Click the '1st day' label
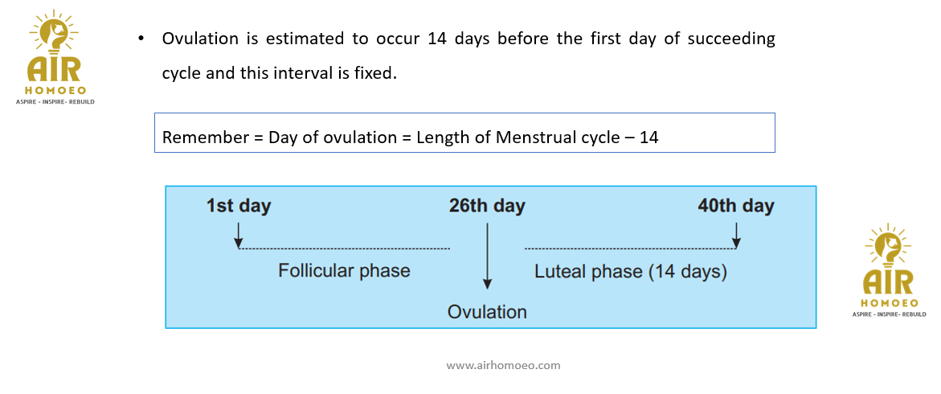pyautogui.click(x=238, y=207)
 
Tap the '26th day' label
pyautogui.click(x=487, y=207)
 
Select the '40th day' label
pyautogui.click(x=736, y=207)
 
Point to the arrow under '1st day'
pyautogui.click(x=239, y=236)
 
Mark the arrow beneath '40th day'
pyautogui.click(x=736, y=236)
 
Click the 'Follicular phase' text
pyautogui.click(x=344, y=271)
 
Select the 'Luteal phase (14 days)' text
pyautogui.click(x=631, y=272)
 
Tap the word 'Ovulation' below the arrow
pyautogui.click(x=487, y=312)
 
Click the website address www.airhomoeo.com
pyautogui.click(x=503, y=364)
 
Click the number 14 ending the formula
pyautogui.click(x=648, y=137)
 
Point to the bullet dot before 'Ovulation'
pyautogui.click(x=141, y=39)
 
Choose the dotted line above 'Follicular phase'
pyautogui.click(x=345, y=248)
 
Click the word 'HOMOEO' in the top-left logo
pyautogui.click(x=54, y=91)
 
